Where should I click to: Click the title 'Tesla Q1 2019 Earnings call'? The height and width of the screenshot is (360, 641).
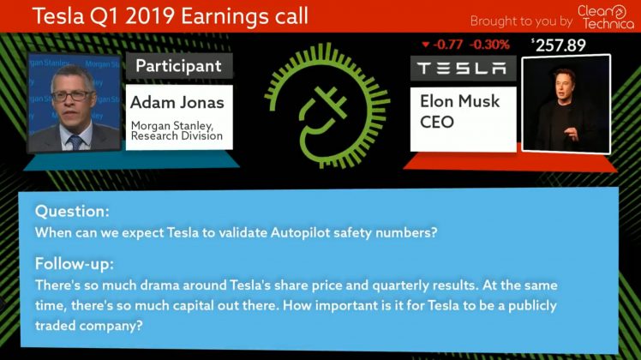tap(170, 16)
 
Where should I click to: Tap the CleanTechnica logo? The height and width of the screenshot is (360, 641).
tap(605, 17)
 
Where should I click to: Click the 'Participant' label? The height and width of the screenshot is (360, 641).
tap(178, 66)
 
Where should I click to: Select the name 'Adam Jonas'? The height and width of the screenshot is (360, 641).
tap(177, 102)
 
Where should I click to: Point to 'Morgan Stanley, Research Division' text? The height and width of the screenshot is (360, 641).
tap(177, 130)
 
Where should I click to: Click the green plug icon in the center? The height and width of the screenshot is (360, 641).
tap(326, 107)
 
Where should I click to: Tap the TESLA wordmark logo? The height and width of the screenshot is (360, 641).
tap(462, 69)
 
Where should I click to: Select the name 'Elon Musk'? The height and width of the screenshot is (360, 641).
tap(459, 101)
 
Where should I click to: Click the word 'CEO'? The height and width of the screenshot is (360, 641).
tap(436, 122)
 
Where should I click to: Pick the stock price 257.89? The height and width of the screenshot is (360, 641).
tap(559, 45)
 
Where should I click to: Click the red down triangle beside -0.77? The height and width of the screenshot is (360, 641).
tap(426, 45)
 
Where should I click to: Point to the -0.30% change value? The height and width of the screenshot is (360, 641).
tap(489, 45)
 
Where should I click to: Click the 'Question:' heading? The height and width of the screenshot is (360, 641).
tap(72, 211)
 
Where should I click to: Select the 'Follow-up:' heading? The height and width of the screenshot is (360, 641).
tap(75, 264)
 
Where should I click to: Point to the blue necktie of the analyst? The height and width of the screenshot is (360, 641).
tap(75, 143)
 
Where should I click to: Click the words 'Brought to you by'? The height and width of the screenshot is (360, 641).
tap(521, 21)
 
